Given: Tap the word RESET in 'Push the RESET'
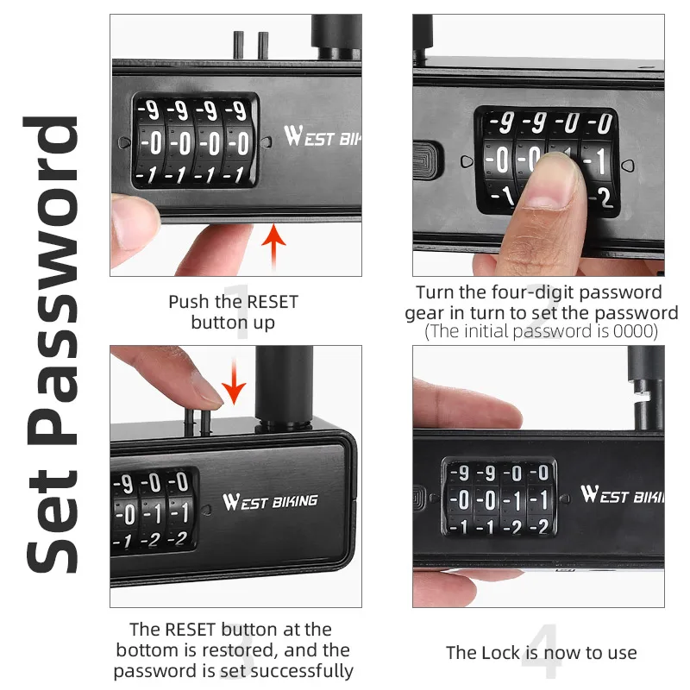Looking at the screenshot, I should (272, 302).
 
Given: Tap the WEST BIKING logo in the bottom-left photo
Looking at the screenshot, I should (270, 501).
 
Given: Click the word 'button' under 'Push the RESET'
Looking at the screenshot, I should (219, 323).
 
